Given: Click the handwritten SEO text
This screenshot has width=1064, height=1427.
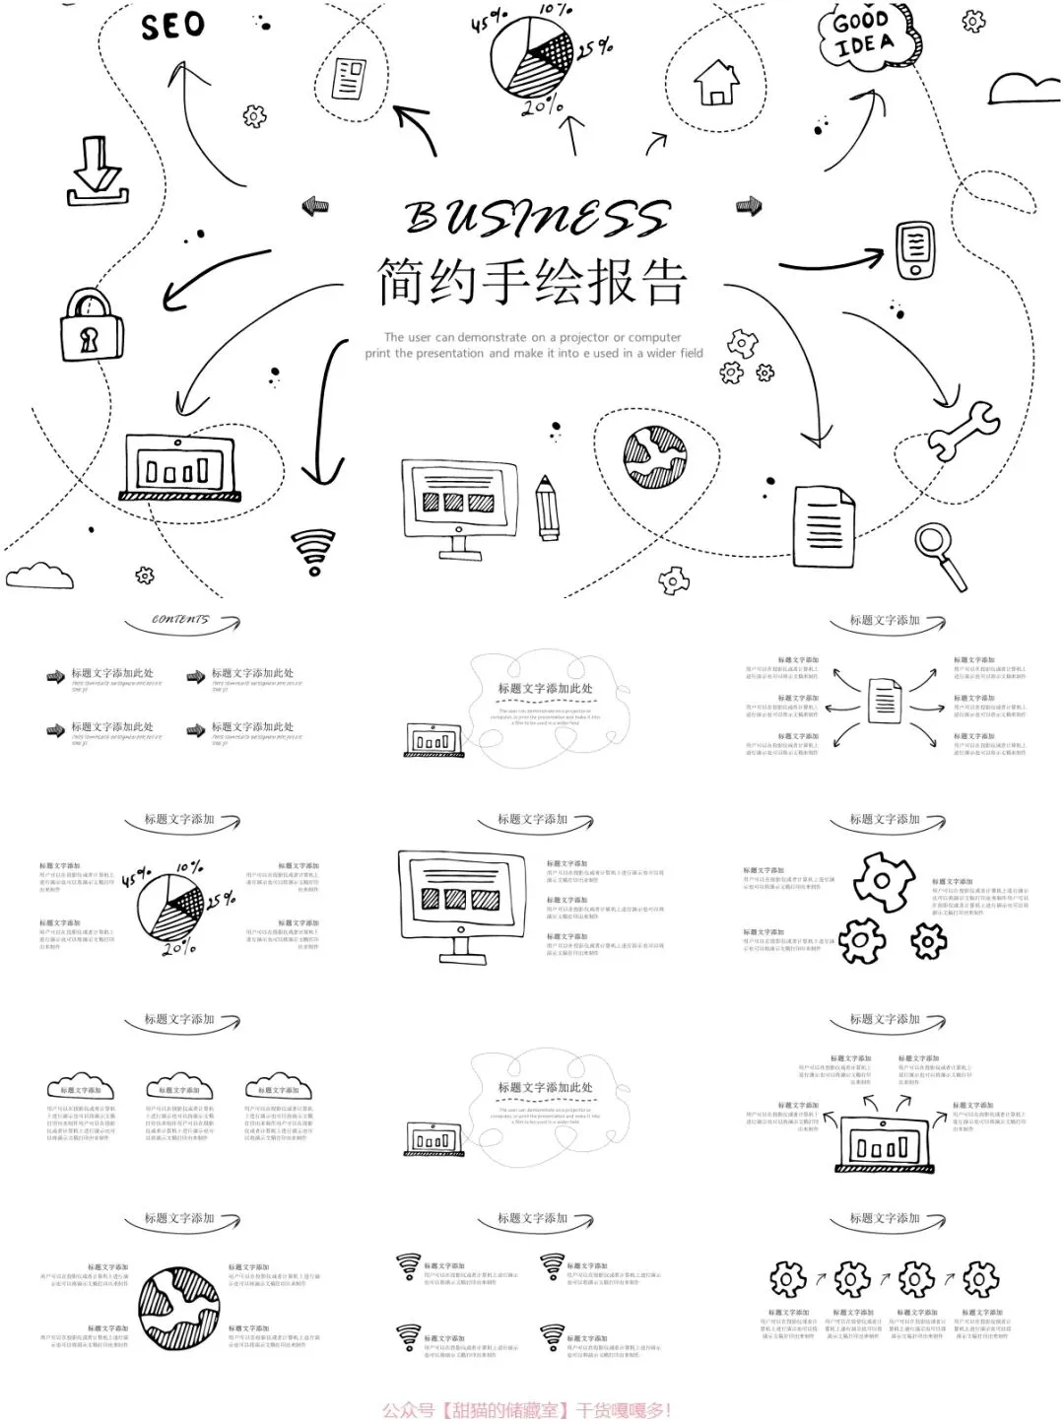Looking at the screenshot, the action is click(x=172, y=27).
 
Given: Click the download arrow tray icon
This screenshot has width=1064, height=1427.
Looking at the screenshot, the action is click(x=96, y=172).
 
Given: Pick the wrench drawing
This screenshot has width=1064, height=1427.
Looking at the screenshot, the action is click(x=963, y=430).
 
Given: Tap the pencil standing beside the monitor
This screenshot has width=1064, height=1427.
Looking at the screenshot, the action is click(x=547, y=507).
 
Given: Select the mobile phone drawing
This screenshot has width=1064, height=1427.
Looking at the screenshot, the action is click(x=915, y=250).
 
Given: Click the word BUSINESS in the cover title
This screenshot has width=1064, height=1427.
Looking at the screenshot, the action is click(x=537, y=218).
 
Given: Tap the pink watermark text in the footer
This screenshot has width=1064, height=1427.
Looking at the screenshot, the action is click(x=527, y=1410).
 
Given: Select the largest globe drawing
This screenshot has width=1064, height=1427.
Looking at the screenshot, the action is click(x=179, y=1308).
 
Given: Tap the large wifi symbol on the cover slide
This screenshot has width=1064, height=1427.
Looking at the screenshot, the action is click(x=313, y=551).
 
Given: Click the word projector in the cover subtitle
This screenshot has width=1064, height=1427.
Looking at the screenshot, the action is click(x=580, y=337).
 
